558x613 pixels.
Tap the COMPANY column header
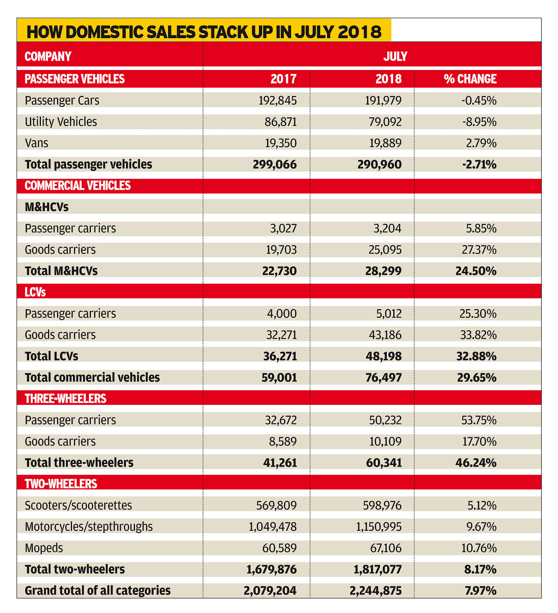click(48, 57)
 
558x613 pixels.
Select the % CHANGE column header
click(470, 79)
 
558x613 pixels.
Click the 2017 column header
click(283, 79)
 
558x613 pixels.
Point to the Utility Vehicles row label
click(61, 122)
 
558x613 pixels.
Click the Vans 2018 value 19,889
click(385, 143)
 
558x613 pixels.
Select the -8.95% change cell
click(479, 122)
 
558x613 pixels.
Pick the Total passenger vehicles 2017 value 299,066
click(275, 164)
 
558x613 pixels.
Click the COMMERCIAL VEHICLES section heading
click(78, 186)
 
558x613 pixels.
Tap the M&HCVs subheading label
click(46, 207)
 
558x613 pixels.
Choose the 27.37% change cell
click(479, 250)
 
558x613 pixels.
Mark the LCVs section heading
click(35, 292)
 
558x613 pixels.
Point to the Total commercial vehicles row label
click(92, 378)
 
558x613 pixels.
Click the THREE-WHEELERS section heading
click(65, 399)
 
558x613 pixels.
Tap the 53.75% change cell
click(479, 420)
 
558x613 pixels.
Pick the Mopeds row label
click(44, 548)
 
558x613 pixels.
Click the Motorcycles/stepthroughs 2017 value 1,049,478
click(273, 527)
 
